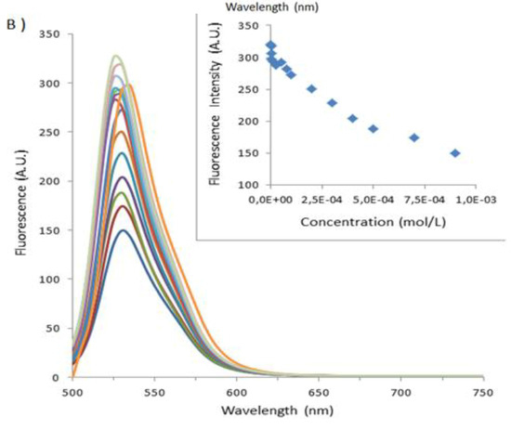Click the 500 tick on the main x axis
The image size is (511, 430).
(72, 392)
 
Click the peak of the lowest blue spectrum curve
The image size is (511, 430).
(122, 230)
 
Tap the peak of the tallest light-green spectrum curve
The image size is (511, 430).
(116, 56)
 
